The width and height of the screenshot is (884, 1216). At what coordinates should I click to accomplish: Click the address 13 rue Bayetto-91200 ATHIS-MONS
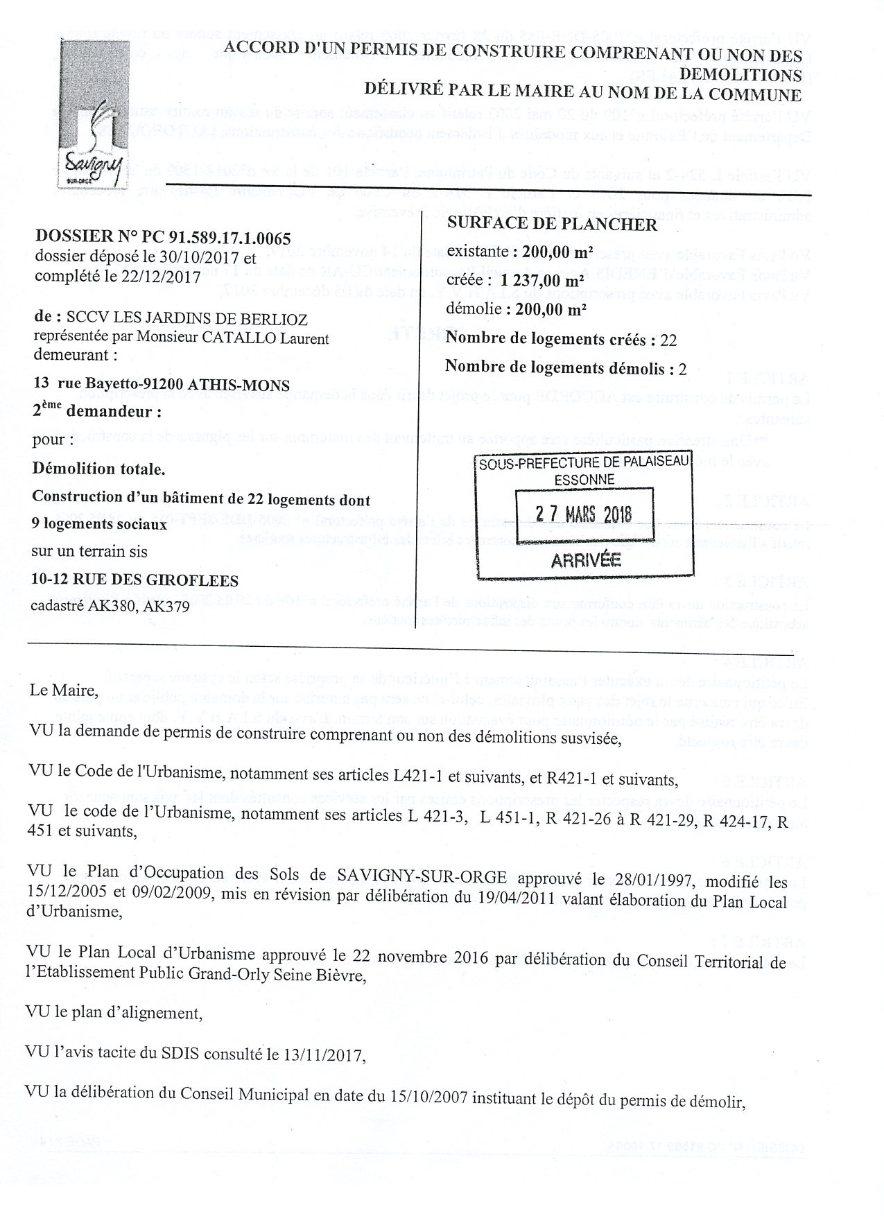click(x=162, y=385)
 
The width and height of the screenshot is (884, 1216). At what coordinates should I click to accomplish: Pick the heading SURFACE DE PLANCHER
click(x=552, y=224)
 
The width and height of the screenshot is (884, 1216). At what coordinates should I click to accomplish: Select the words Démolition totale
click(x=98, y=469)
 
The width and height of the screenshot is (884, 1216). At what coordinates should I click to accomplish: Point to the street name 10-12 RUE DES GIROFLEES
click(x=135, y=580)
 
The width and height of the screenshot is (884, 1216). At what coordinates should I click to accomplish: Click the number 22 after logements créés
click(x=669, y=339)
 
